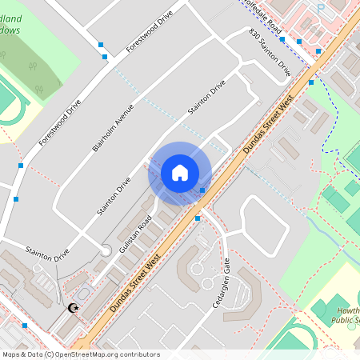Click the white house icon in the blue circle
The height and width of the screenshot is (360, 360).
180,172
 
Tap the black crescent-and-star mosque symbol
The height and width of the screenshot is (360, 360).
74,308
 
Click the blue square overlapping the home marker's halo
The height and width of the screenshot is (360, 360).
202,190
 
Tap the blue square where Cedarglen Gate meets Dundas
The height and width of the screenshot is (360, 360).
198,218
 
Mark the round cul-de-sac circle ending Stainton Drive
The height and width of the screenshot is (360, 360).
105,252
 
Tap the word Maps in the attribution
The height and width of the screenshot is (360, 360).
12,354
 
